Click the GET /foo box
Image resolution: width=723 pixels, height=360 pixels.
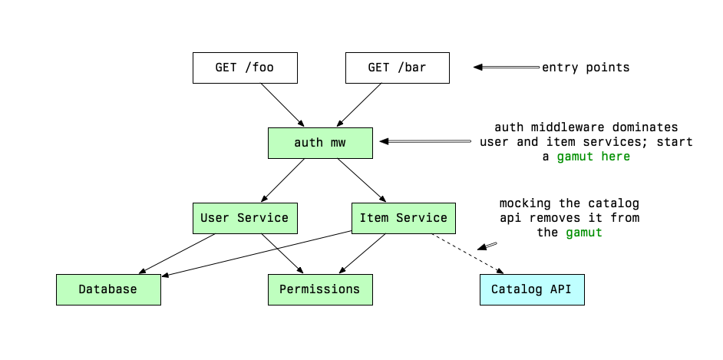click(x=244, y=68)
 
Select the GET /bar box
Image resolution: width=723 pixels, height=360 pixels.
click(x=397, y=68)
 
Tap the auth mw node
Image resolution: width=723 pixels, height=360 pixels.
click(x=320, y=143)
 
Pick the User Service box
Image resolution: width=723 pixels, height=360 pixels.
click(x=244, y=218)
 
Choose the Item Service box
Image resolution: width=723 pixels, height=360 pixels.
click(x=403, y=218)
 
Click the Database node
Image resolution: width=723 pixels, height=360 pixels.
click(x=108, y=289)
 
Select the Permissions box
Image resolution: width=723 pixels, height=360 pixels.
click(x=319, y=289)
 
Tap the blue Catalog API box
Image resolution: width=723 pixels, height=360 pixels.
click(x=532, y=289)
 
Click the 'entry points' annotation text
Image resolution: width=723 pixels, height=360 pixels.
click(x=586, y=68)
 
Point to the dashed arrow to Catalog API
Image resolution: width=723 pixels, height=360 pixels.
click(x=468, y=253)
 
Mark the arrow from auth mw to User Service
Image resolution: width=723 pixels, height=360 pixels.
click(x=282, y=180)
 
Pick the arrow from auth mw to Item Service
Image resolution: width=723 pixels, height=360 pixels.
click(x=361, y=180)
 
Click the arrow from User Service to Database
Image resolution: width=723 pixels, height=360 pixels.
click(x=177, y=253)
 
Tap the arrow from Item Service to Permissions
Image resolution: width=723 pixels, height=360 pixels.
click(x=362, y=253)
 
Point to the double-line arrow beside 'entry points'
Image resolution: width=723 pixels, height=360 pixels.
click(x=507, y=68)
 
